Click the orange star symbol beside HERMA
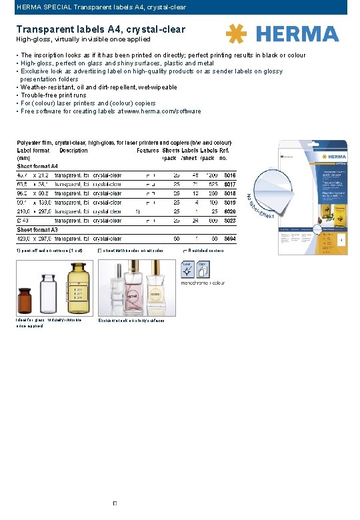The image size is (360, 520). [x=237, y=34]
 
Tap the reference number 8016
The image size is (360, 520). [x=230, y=175]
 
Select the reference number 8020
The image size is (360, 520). [x=230, y=211]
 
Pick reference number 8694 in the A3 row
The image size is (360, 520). [x=230, y=238]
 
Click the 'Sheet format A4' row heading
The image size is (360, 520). [x=37, y=166]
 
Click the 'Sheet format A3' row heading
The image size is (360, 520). [x=37, y=229]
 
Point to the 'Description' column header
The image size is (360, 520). [x=73, y=151]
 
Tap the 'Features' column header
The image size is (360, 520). [x=147, y=151]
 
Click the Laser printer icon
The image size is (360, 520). [x=187, y=269]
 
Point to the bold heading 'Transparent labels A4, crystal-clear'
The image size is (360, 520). [x=101, y=29]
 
